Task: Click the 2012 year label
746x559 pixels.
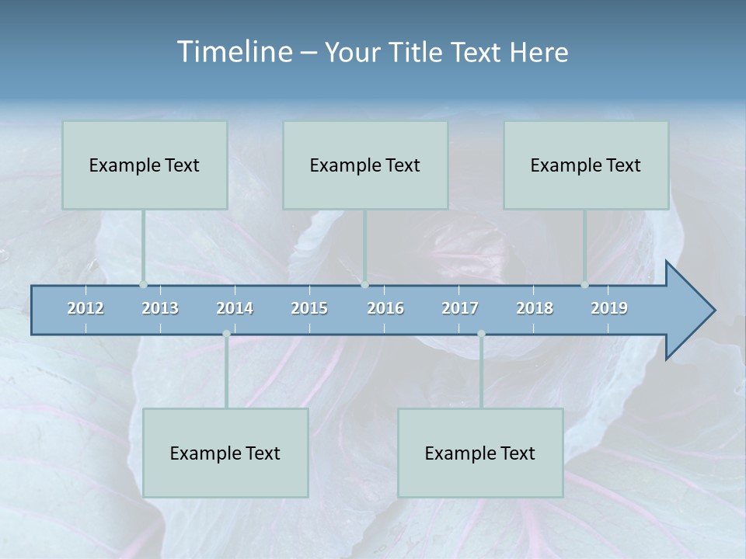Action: pyautogui.click(x=85, y=308)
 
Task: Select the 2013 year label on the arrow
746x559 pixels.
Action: pyautogui.click(x=160, y=308)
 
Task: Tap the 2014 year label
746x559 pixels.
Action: pyautogui.click(x=235, y=308)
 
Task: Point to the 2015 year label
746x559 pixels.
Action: pyautogui.click(x=309, y=308)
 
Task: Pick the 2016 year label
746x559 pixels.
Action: pyautogui.click(x=385, y=308)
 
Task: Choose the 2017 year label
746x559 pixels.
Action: pyautogui.click(x=460, y=308)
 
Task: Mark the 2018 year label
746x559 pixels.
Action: pyautogui.click(x=535, y=308)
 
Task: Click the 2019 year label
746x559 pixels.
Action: pyautogui.click(x=609, y=308)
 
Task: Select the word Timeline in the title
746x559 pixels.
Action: pyautogui.click(x=232, y=52)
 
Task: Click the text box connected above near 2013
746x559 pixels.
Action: pyautogui.click(x=145, y=165)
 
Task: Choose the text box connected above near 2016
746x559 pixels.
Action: pyautogui.click(x=365, y=165)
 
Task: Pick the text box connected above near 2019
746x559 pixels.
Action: pyautogui.click(x=586, y=165)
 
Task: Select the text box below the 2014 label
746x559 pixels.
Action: pyautogui.click(x=225, y=453)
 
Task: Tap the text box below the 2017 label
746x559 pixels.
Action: pyautogui.click(x=480, y=453)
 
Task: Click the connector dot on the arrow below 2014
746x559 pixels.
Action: pyautogui.click(x=226, y=334)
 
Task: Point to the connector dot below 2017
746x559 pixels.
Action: pyautogui.click(x=481, y=334)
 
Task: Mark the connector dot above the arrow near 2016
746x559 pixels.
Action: pyautogui.click(x=364, y=285)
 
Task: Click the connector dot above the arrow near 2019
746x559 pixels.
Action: pyautogui.click(x=585, y=285)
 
